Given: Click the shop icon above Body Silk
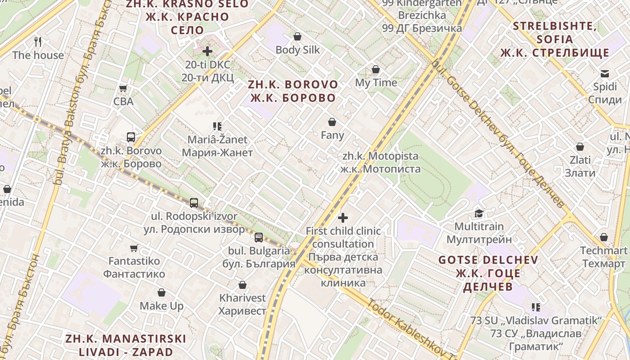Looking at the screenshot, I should point(297,36).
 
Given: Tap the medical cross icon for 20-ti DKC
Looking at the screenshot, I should point(207,51).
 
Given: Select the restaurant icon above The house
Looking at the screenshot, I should point(38,42).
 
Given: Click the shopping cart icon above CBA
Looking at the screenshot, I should point(123,88).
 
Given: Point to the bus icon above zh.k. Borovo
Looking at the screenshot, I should point(131,137).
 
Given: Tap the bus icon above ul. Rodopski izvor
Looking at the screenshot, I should point(194,202).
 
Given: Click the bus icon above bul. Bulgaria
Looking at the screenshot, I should point(259,237).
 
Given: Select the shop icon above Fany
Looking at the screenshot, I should point(332,122).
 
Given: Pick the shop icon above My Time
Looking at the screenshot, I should point(376,69).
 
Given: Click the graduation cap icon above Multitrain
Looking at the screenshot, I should point(479,213).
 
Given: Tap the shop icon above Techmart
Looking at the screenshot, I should point(604,237).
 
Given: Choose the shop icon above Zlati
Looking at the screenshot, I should point(580,147).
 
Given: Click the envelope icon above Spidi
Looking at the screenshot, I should point(604,73).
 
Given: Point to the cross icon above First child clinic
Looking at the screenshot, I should point(343,218).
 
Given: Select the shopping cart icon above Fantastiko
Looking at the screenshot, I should point(134,248).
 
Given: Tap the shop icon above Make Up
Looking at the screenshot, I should point(162,293).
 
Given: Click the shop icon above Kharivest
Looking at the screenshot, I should point(243,285).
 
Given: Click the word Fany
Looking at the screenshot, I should point(332,135).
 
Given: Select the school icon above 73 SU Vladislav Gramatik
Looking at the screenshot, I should point(535,307).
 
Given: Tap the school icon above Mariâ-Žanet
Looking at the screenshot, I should point(217,126).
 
